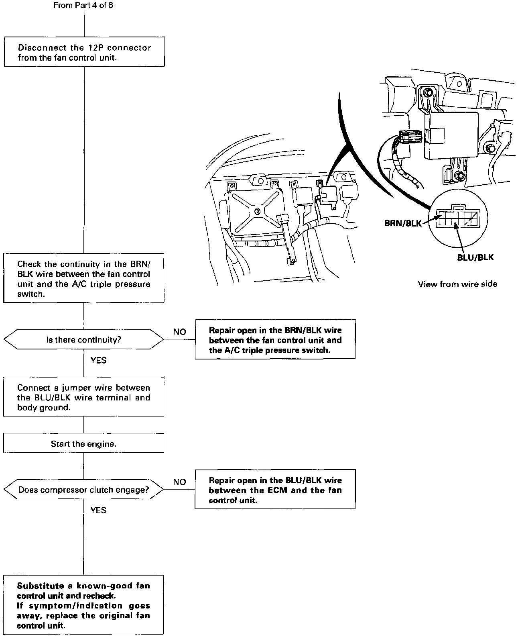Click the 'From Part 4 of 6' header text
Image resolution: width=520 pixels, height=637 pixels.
pyautogui.click(x=83, y=6)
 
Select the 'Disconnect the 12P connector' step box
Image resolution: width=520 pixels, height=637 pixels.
pyautogui.click(x=84, y=52)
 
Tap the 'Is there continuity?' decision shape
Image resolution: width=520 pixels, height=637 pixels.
pyautogui.click(x=84, y=340)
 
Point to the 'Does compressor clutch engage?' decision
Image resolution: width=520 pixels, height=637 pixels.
pyautogui.click(x=84, y=490)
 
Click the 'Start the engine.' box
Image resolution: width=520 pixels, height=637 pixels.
pyautogui.click(x=84, y=444)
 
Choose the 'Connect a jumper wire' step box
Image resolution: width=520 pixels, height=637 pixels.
pyautogui.click(x=84, y=397)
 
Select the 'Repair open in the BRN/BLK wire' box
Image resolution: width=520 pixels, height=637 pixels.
pyautogui.click(x=275, y=340)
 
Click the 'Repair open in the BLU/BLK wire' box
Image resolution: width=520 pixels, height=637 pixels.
pyautogui.click(x=275, y=490)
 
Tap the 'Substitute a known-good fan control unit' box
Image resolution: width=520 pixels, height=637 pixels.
pyautogui.click(x=84, y=605)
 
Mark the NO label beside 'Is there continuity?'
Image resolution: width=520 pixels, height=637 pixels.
pyautogui.click(x=180, y=332)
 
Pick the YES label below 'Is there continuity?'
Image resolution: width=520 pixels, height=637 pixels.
pyautogui.click(x=98, y=360)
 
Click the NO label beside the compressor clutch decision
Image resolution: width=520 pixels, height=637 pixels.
pyautogui.click(x=180, y=482)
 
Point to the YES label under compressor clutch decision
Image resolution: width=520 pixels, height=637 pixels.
pyautogui.click(x=98, y=510)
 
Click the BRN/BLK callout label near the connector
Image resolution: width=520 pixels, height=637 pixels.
pyautogui.click(x=403, y=223)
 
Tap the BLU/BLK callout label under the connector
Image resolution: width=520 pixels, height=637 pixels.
pyautogui.click(x=475, y=257)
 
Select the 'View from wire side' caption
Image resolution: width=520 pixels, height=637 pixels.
pyautogui.click(x=457, y=284)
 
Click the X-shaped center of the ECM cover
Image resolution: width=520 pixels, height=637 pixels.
pyautogui.click(x=256, y=211)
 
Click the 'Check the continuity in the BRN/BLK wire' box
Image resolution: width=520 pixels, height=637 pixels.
pyautogui.click(x=84, y=279)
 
